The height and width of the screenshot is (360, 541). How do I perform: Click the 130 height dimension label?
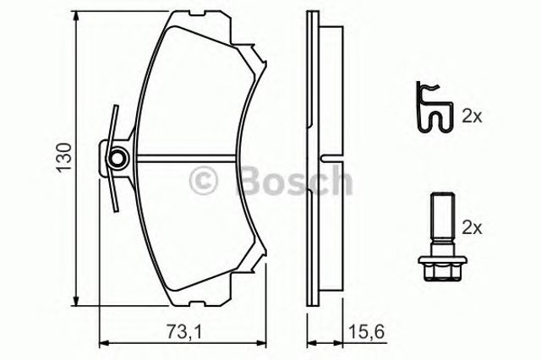[64, 156]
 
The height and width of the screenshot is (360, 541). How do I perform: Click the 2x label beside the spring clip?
[472, 117]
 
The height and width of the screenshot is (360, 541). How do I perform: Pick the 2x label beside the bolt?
[472, 228]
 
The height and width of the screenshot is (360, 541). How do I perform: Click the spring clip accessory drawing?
[434, 107]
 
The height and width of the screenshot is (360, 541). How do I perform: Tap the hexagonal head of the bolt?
[441, 266]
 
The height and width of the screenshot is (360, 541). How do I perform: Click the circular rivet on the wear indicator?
[118, 158]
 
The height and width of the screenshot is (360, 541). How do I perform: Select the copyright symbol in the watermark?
[203, 181]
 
